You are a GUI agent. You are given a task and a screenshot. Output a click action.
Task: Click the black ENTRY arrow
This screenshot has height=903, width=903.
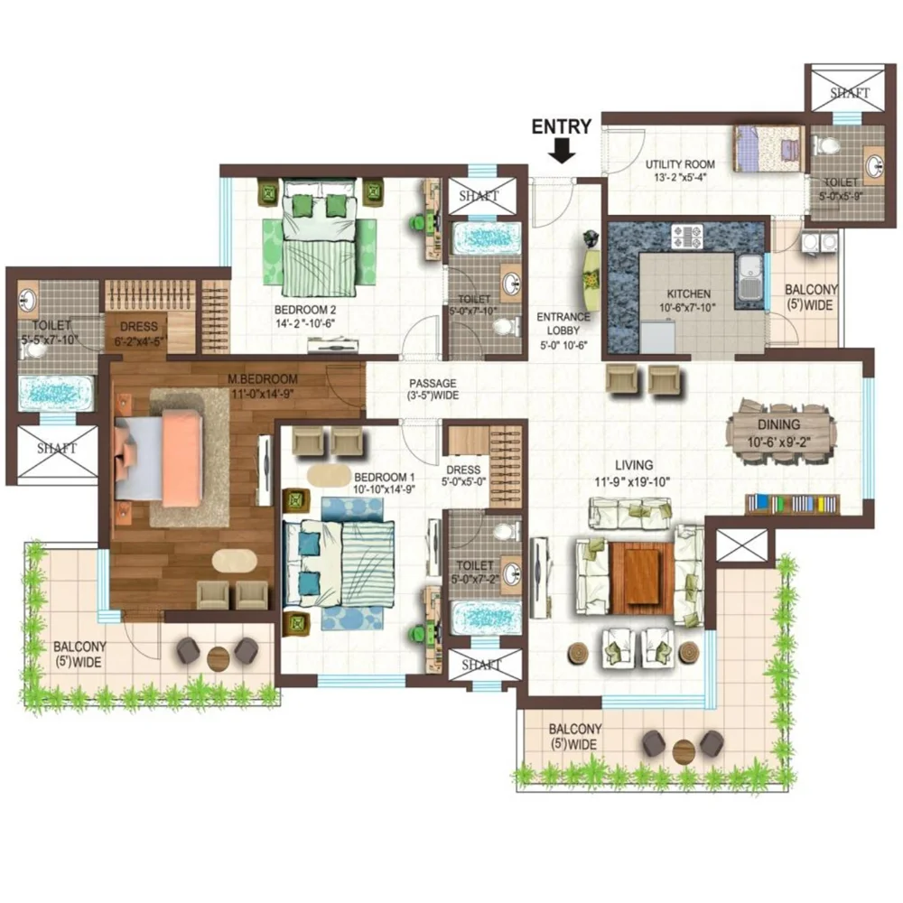pyautogui.click(x=562, y=151)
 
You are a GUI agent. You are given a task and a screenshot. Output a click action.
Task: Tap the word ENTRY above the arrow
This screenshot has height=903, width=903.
pyautogui.click(x=561, y=126)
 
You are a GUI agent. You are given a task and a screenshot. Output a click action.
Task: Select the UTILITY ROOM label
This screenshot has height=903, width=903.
pyautogui.click(x=680, y=164)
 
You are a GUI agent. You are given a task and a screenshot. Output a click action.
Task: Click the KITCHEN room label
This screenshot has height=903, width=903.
pyautogui.click(x=689, y=293)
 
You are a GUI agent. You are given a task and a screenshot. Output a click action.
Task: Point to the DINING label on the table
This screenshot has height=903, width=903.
pyautogui.click(x=778, y=425)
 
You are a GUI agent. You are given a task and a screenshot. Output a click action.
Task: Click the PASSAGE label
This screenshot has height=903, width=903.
pyautogui.click(x=433, y=383)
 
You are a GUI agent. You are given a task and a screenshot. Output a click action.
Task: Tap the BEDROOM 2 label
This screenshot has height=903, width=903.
pyautogui.click(x=305, y=310)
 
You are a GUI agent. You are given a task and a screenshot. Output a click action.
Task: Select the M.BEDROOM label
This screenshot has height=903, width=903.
pyautogui.click(x=263, y=379)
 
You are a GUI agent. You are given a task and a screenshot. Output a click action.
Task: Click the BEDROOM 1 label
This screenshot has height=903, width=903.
pyautogui.click(x=384, y=478)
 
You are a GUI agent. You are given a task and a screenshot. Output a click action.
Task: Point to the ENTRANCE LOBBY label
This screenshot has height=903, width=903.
pyautogui.click(x=563, y=323)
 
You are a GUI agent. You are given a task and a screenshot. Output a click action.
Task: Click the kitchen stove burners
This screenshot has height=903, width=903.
pyautogui.click(x=687, y=236)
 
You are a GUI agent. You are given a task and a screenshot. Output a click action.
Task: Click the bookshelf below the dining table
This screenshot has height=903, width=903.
pyautogui.click(x=793, y=504)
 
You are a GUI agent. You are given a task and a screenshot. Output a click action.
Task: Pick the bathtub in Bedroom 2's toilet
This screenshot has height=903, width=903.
pyautogui.click(x=488, y=237)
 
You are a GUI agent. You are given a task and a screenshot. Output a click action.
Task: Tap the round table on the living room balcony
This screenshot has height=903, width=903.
pyautogui.click(x=684, y=751)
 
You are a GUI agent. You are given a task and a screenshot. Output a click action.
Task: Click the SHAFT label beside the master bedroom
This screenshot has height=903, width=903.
pyautogui.click(x=57, y=449)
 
